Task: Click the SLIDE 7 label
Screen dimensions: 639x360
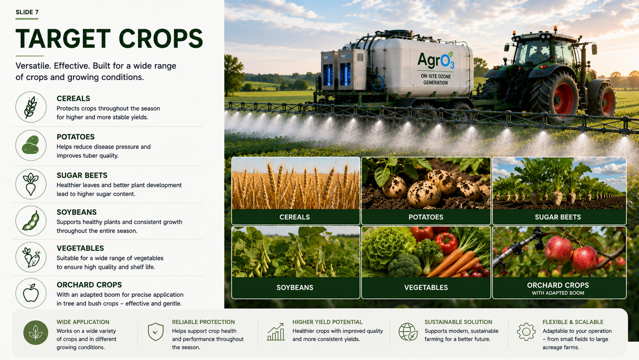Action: [27, 12]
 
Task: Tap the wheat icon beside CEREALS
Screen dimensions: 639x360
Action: [31, 107]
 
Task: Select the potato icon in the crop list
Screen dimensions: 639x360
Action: [31, 145]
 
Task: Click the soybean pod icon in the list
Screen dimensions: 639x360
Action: [31, 221]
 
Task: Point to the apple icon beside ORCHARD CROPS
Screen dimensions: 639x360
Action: [31, 292]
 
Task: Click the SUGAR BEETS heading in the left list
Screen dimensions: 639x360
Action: [82, 175]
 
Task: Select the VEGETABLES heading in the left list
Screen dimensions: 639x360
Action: [80, 248]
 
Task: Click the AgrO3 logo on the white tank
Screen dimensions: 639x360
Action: [436, 60]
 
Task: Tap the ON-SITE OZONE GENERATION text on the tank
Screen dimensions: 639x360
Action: [436, 79]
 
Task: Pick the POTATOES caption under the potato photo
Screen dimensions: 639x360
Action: [426, 217]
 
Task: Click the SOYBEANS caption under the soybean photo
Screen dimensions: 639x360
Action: [295, 287]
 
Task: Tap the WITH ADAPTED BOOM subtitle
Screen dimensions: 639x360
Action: [558, 293]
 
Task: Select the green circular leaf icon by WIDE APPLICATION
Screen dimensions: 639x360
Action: [36, 332]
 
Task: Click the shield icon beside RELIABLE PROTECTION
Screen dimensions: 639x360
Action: [156, 332]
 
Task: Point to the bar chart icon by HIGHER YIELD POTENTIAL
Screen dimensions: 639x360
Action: [276, 332]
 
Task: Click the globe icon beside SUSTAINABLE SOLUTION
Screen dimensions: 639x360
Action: [408, 332]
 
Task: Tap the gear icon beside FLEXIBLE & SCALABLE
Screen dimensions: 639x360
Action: [526, 332]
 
